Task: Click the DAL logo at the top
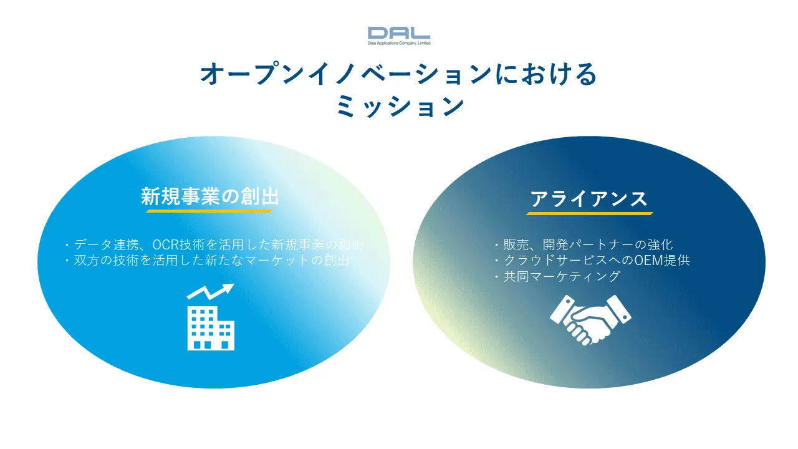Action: (x=398, y=33)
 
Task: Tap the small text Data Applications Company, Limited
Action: (x=399, y=43)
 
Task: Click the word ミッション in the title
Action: (x=400, y=106)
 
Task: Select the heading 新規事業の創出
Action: (x=210, y=196)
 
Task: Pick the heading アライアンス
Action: (x=589, y=199)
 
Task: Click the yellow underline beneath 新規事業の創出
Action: (x=209, y=211)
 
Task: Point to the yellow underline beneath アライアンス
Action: (x=590, y=213)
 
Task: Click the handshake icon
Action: (x=590, y=320)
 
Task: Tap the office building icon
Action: (x=211, y=328)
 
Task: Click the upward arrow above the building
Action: (x=210, y=291)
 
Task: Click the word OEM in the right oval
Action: (x=648, y=261)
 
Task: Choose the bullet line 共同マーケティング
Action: (x=557, y=276)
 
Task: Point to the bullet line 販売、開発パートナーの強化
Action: (x=584, y=244)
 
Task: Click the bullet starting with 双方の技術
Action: (x=207, y=261)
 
